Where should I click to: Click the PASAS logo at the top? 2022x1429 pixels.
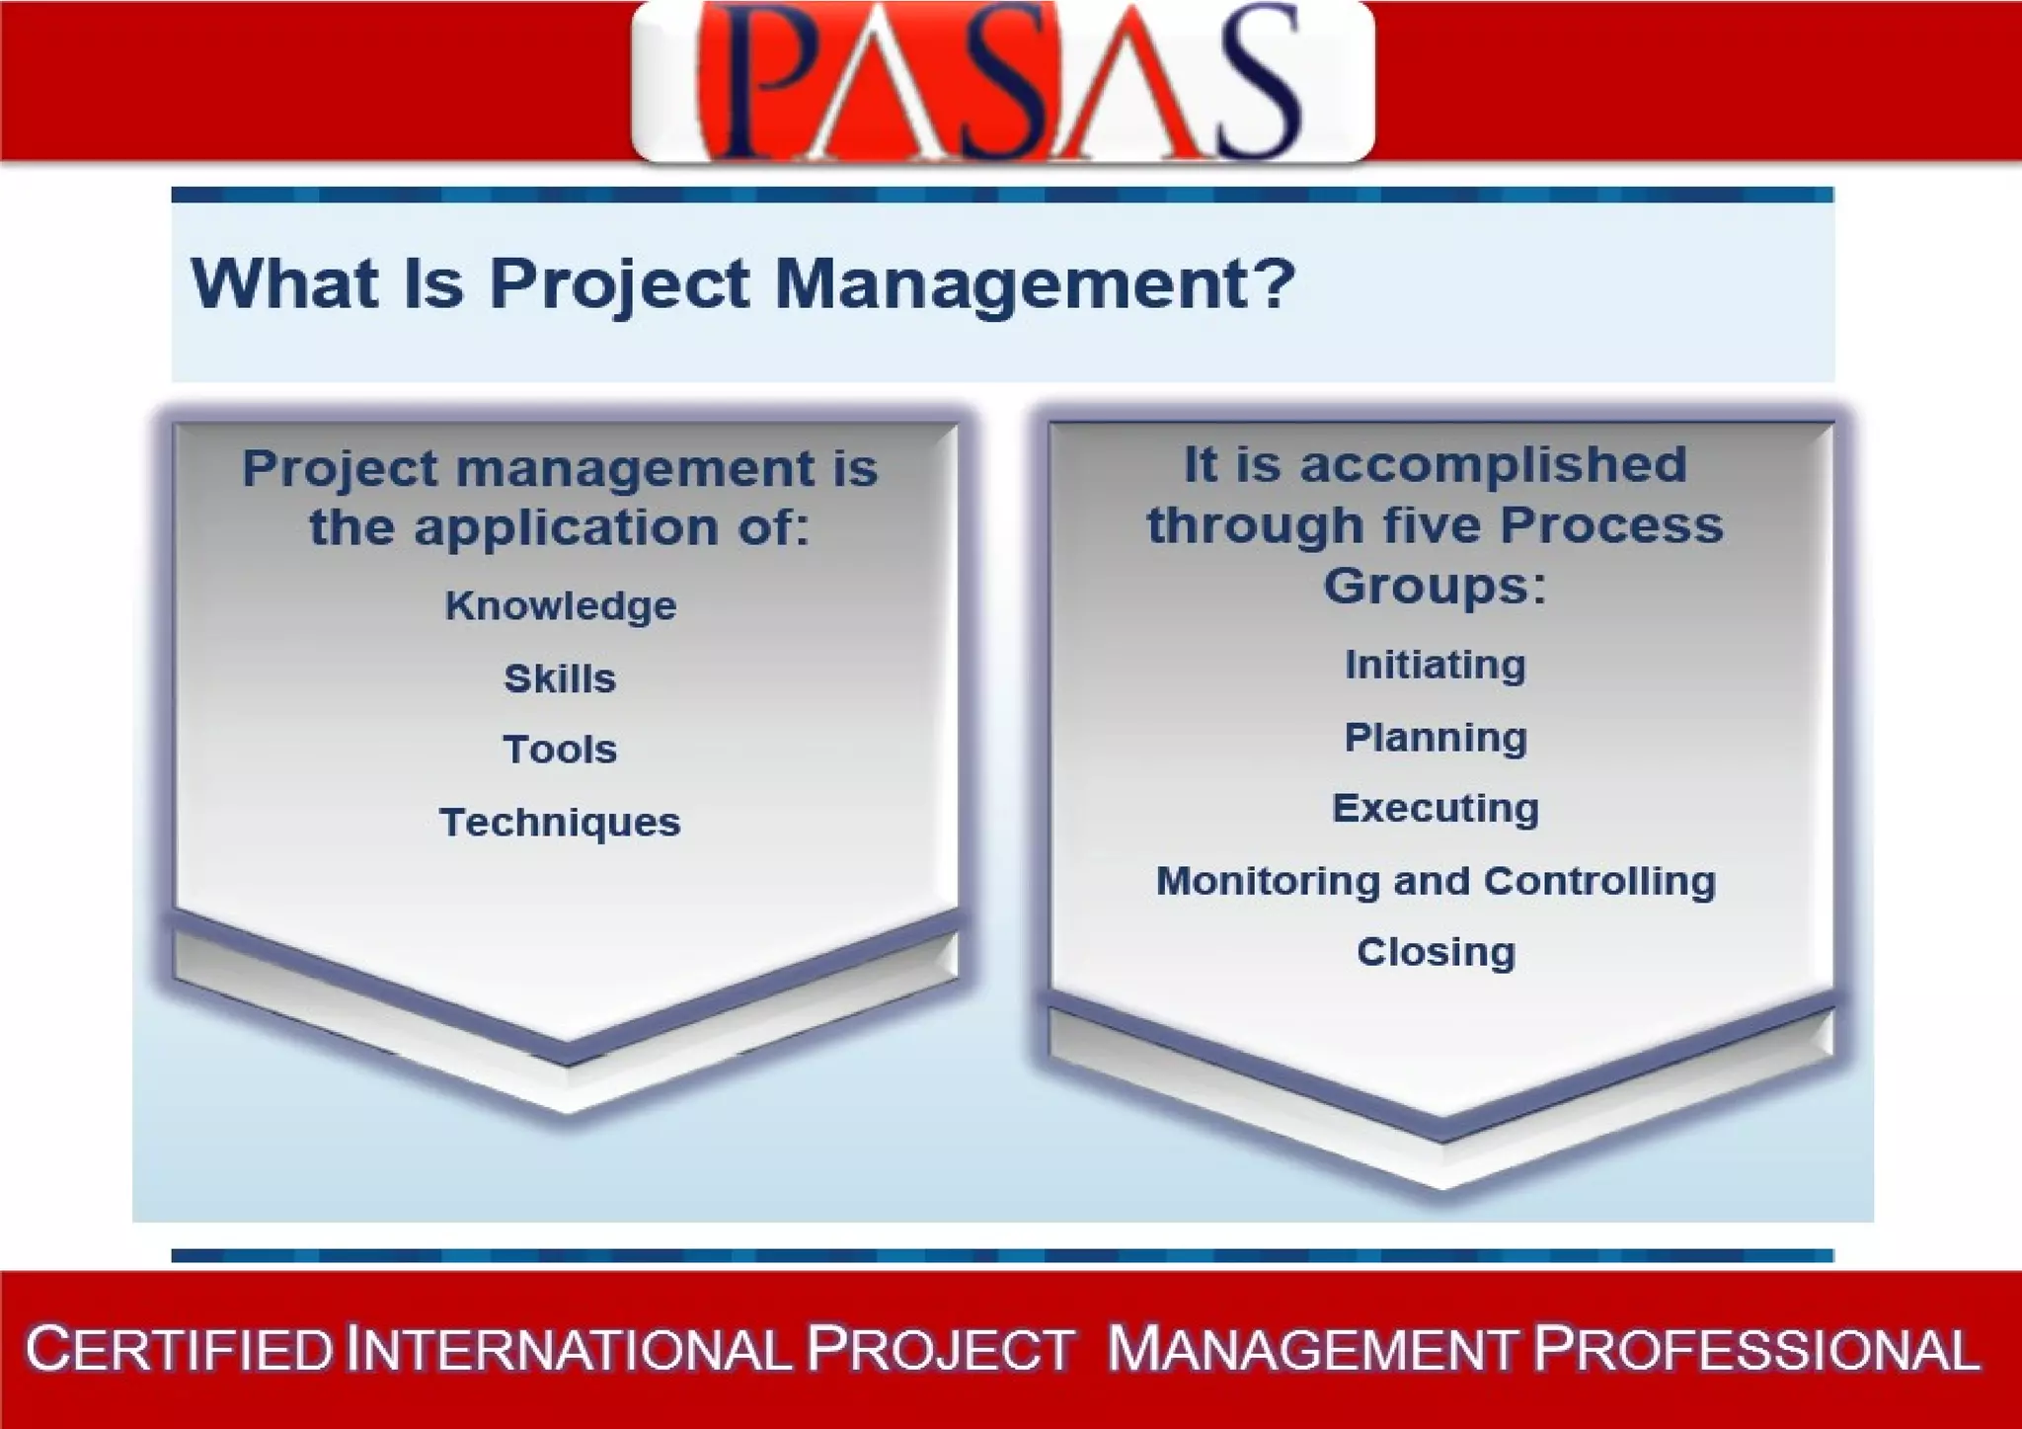point(1002,81)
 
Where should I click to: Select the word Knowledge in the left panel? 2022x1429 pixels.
point(561,605)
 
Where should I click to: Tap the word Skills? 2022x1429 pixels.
point(560,678)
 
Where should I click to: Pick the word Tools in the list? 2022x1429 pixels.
point(560,750)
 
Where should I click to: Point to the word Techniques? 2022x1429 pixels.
point(560,822)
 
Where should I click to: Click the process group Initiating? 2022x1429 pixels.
point(1436,665)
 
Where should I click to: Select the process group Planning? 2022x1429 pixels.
point(1436,738)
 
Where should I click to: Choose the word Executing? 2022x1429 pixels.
point(1436,809)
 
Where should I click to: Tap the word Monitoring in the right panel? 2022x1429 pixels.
point(1267,881)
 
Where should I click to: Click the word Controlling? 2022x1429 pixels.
point(1599,881)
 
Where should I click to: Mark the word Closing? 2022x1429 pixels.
point(1436,952)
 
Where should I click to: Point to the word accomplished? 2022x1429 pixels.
point(1493,465)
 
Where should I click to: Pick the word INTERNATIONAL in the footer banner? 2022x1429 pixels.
point(569,1350)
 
